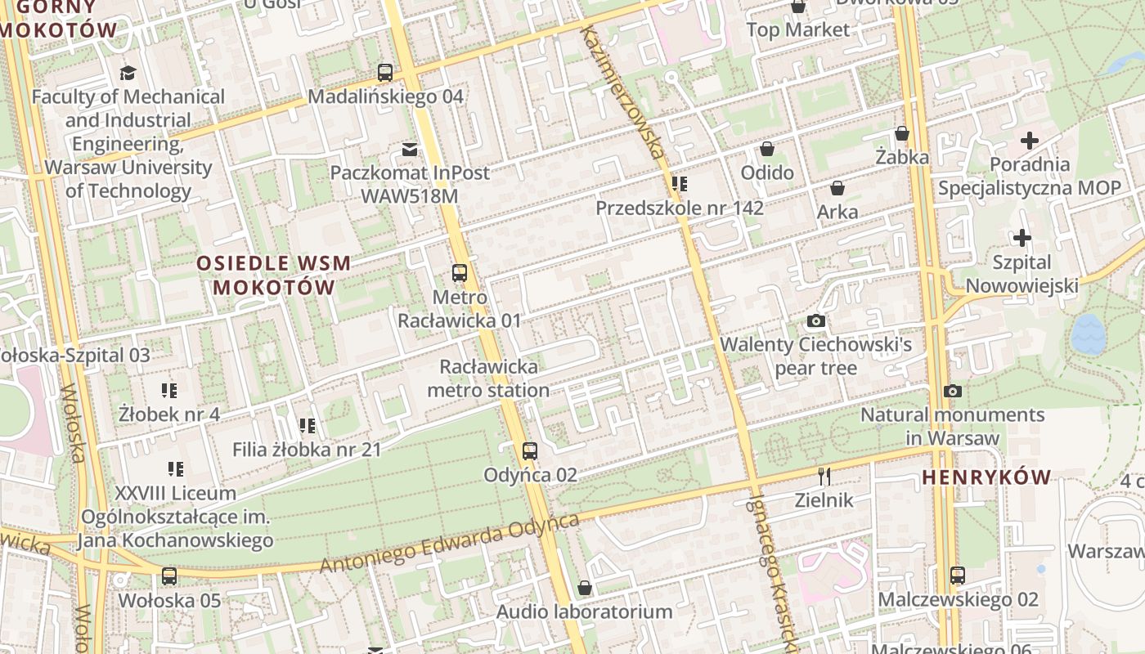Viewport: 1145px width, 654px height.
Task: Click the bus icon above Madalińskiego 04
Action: [385, 72]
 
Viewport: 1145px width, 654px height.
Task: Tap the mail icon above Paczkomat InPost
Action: [410, 149]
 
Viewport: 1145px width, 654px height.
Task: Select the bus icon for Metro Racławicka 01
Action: [460, 273]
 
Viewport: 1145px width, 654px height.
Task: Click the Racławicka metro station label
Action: [488, 379]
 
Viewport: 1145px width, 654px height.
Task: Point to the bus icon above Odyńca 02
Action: [530, 450]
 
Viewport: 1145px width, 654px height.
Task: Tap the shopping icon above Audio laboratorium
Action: [585, 588]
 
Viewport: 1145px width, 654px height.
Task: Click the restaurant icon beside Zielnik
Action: [824, 476]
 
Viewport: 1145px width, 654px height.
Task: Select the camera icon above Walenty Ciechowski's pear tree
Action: [815, 320]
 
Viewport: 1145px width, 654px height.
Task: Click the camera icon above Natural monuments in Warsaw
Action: [952, 391]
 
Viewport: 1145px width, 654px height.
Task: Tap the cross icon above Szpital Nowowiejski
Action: [1022, 239]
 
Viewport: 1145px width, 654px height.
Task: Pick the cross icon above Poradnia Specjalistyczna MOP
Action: [1029, 140]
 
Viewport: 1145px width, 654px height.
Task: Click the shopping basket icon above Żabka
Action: [902, 132]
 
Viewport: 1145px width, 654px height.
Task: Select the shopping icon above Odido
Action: [767, 149]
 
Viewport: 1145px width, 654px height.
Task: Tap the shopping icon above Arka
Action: [837, 188]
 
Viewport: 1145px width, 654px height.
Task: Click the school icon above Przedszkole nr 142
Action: [679, 184]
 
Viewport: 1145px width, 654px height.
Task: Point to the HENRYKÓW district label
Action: [987, 477]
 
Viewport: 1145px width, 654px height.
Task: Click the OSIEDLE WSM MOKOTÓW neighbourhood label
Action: [274, 275]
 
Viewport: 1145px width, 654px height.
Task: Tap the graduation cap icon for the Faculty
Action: [128, 73]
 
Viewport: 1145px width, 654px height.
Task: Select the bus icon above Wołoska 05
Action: [169, 576]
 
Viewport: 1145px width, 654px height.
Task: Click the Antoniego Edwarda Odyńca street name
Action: [449, 544]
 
